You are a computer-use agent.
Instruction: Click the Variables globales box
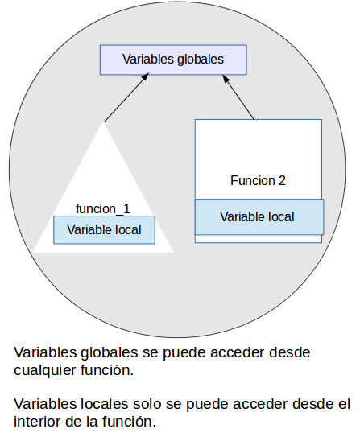tap(172, 60)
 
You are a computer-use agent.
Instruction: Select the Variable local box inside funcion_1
tap(104, 230)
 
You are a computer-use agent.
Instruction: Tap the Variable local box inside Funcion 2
tap(258, 216)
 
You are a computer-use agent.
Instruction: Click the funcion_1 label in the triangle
tap(102, 208)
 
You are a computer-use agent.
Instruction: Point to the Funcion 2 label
tap(258, 181)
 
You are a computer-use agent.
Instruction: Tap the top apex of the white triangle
tap(103, 122)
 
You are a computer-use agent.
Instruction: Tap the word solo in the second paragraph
tap(146, 404)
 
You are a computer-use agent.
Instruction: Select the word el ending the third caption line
tap(344, 404)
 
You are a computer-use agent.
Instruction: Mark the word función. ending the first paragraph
tap(109, 371)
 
